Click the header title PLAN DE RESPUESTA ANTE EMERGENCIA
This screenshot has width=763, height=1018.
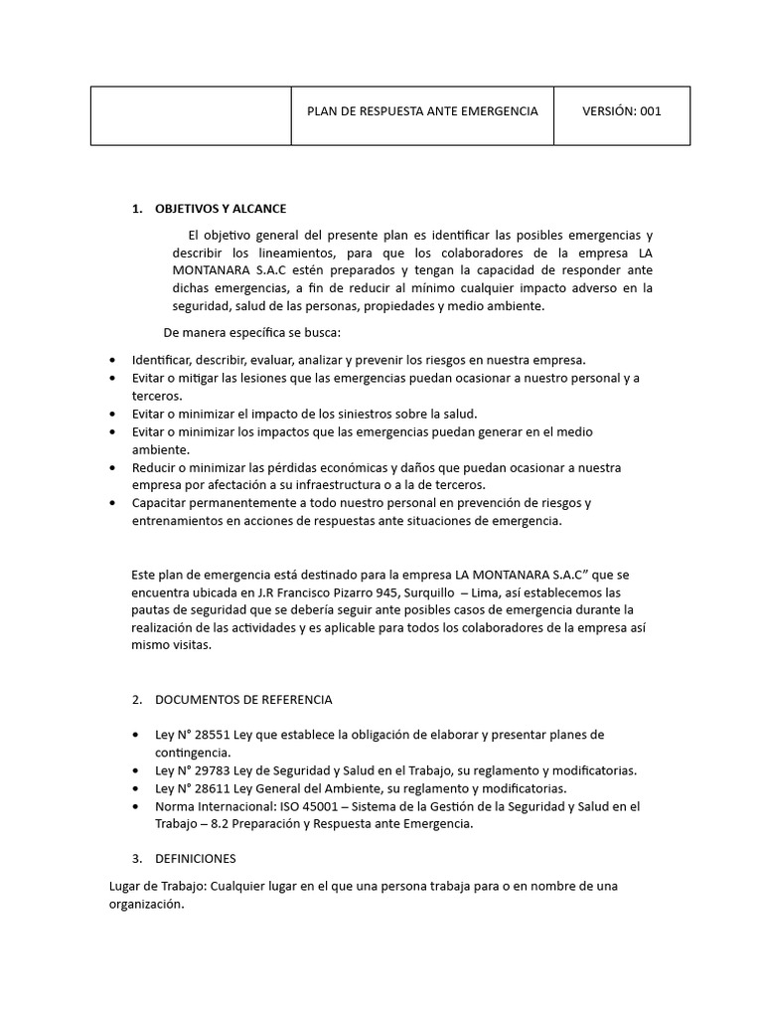[x=421, y=110]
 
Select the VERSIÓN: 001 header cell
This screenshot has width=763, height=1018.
[x=621, y=110]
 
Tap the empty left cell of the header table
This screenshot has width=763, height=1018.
[x=190, y=115]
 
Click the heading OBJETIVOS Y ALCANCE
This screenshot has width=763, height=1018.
[x=221, y=209]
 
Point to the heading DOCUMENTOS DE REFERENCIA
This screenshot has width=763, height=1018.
[x=243, y=700]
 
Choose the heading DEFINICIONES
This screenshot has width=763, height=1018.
[x=196, y=858]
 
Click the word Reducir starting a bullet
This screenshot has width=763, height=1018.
[x=155, y=467]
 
